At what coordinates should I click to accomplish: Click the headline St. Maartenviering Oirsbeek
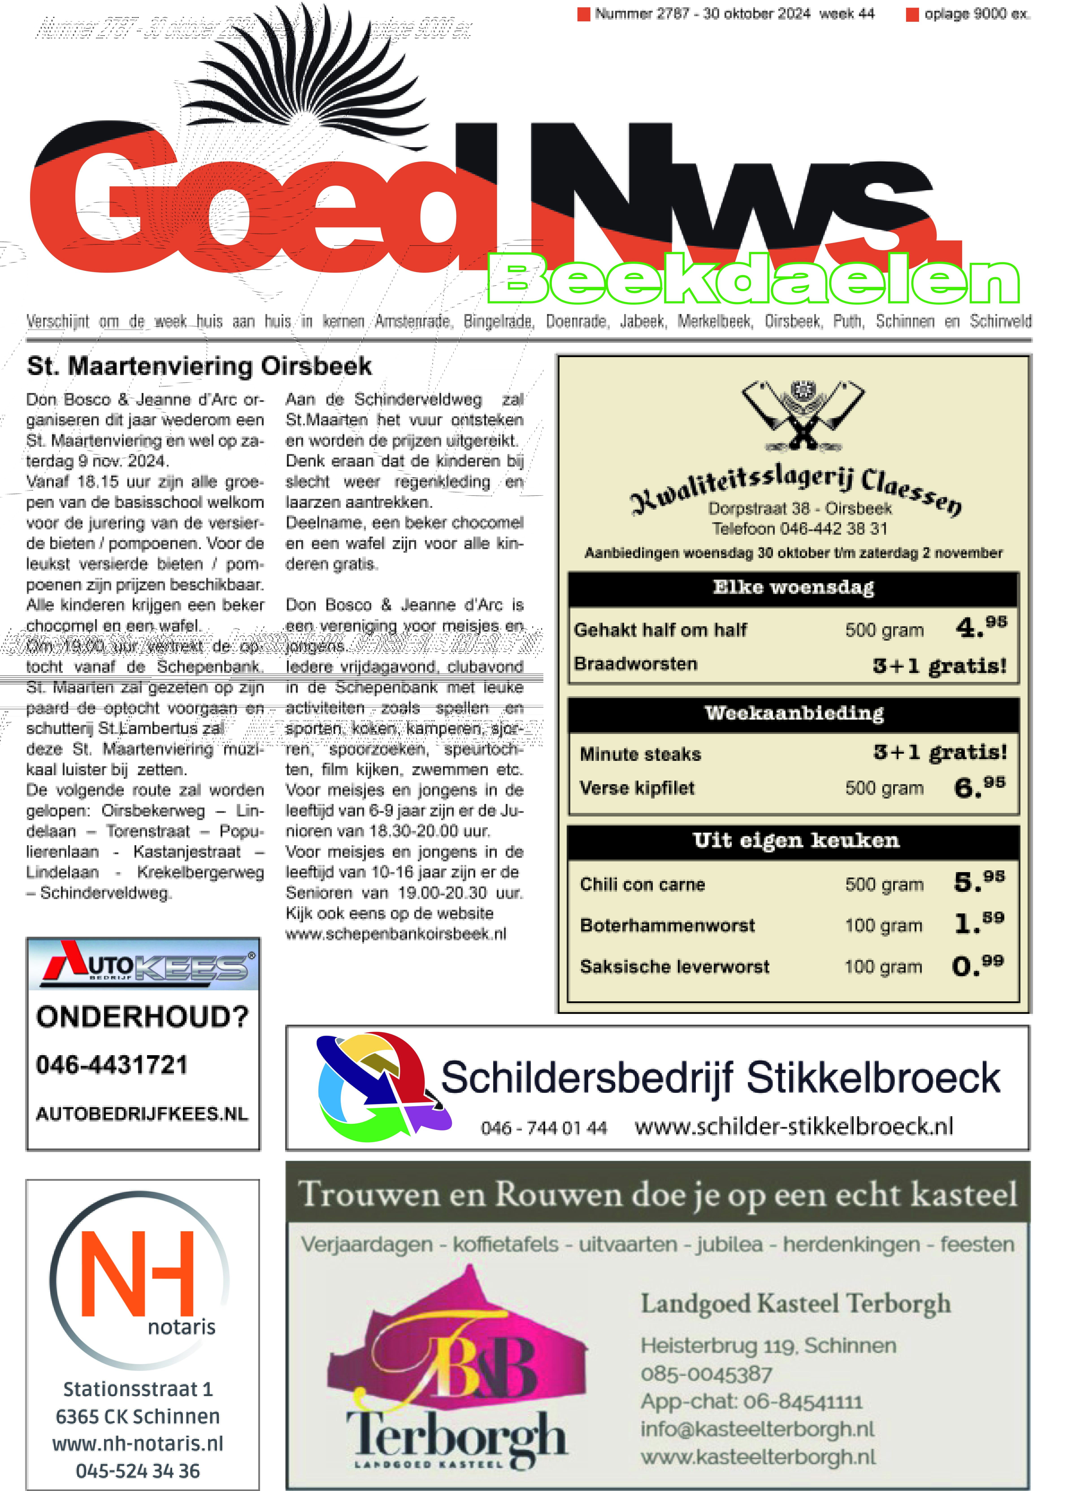click(x=199, y=366)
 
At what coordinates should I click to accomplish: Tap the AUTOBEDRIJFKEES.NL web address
click(x=142, y=1114)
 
